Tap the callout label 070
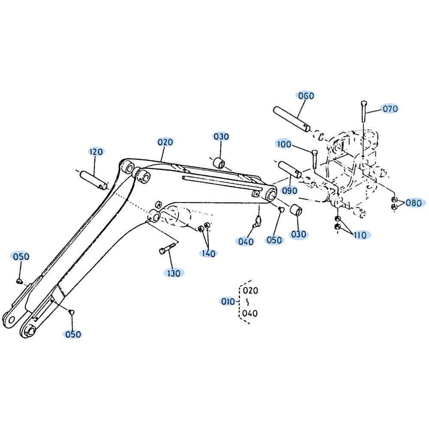(x=390, y=109)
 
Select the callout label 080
(x=414, y=203)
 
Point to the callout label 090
(x=290, y=191)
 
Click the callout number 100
(x=284, y=144)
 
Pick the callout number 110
(x=360, y=235)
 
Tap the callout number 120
(x=96, y=151)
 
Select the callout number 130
(x=174, y=273)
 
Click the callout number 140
(x=209, y=254)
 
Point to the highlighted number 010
(x=228, y=302)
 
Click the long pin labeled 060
(x=292, y=119)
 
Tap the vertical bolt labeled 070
(x=363, y=112)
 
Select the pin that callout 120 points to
(x=94, y=180)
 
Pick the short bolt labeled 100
(x=314, y=159)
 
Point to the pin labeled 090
(x=290, y=169)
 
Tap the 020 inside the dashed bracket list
(x=251, y=290)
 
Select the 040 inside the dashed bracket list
(x=250, y=313)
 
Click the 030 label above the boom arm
(x=221, y=136)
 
